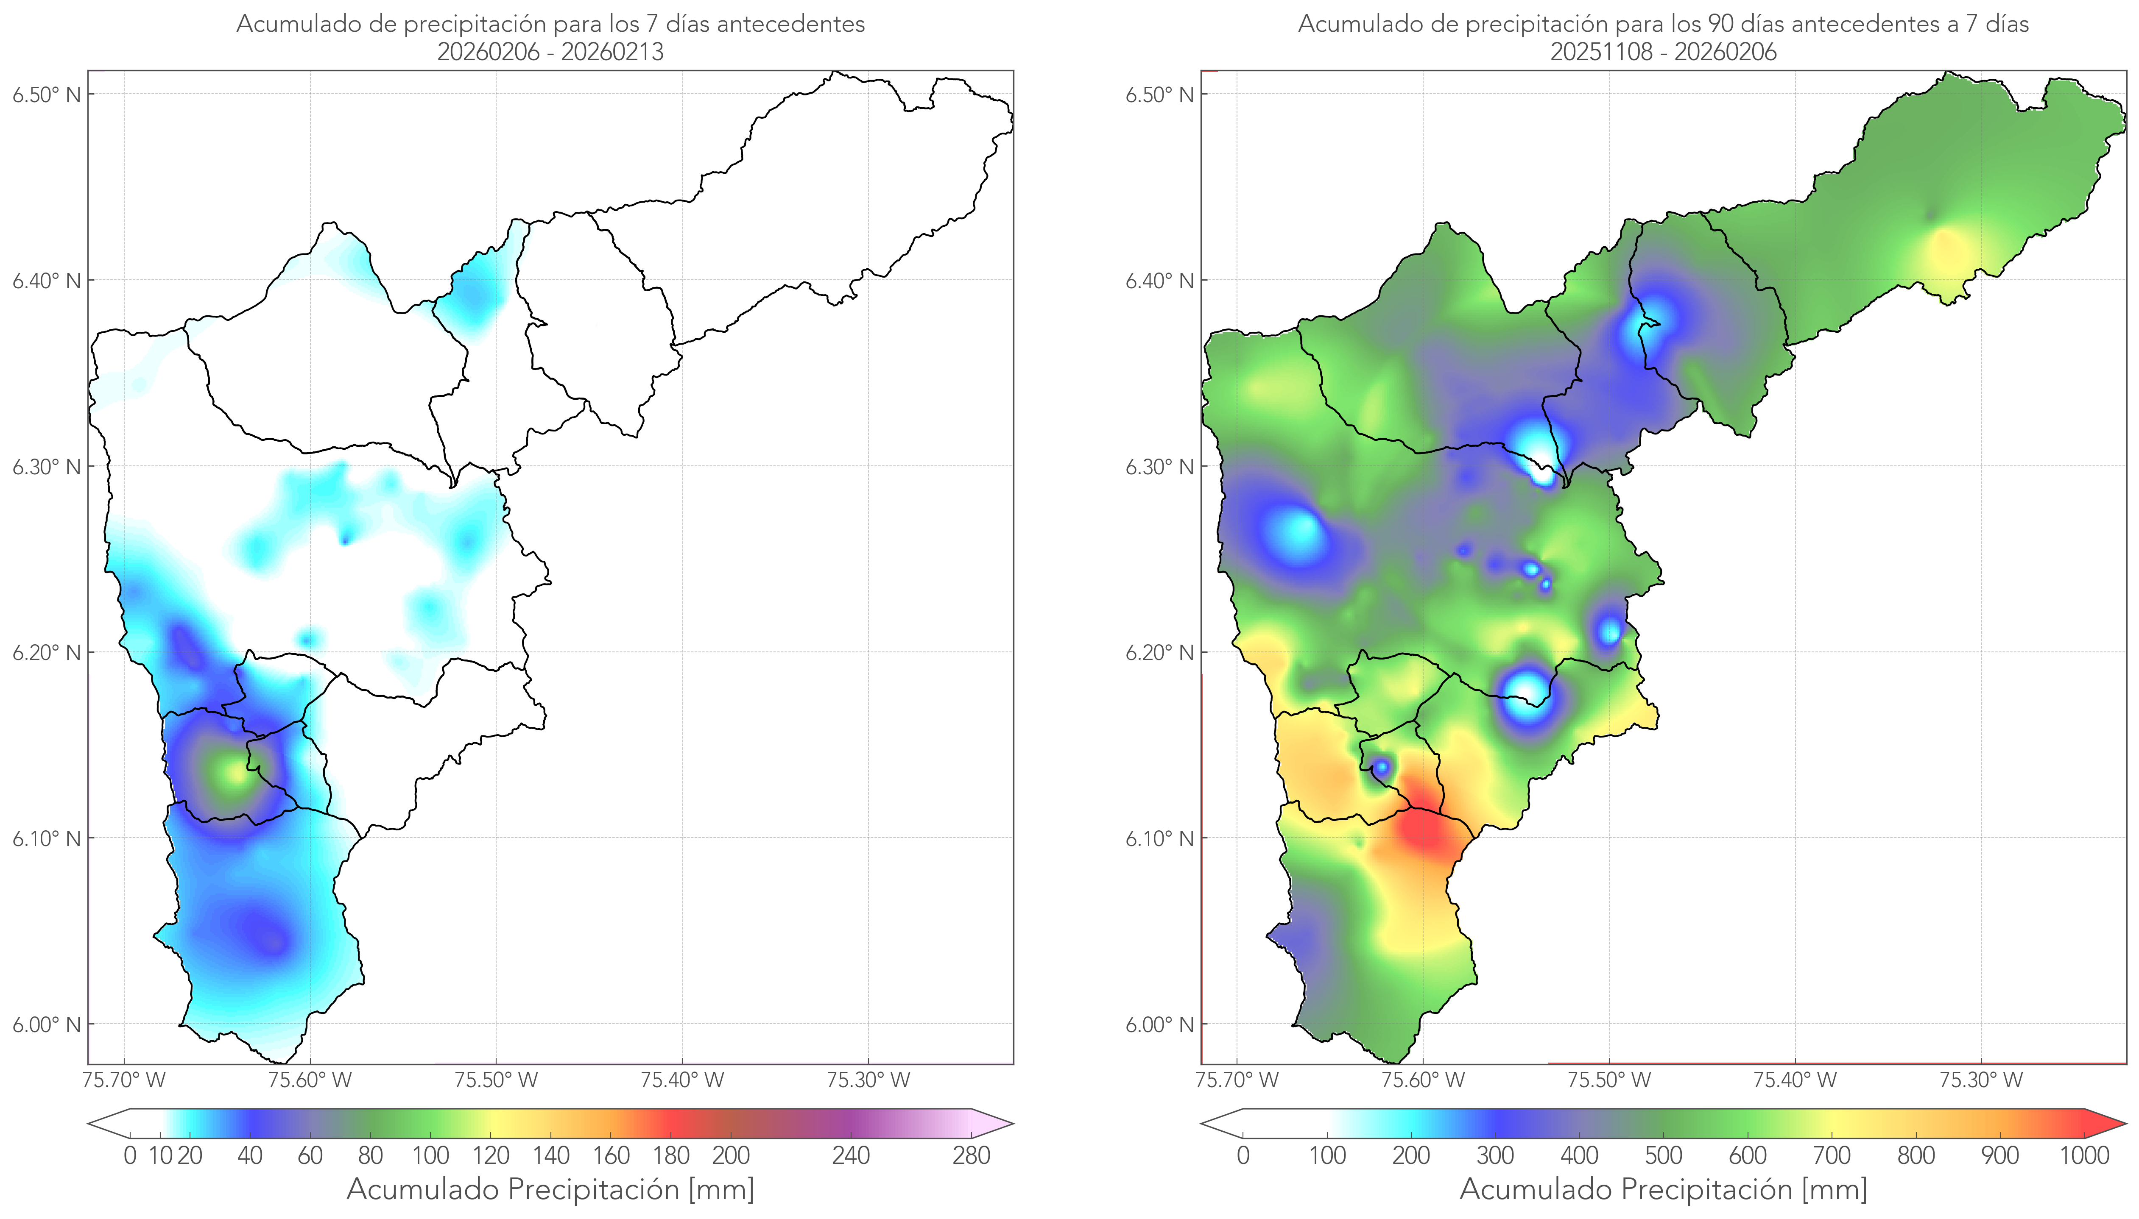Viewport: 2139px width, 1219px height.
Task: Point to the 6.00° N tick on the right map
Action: (1160, 1025)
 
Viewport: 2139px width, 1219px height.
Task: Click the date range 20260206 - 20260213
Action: (550, 52)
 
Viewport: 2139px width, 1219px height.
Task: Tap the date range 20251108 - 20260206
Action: (1663, 52)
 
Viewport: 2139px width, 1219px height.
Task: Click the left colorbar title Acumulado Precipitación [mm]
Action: (550, 1190)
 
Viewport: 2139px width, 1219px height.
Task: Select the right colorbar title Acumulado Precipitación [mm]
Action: (1663, 1190)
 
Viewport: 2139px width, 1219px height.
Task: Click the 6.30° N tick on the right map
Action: (1160, 466)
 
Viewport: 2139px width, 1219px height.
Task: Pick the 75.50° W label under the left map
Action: (496, 1080)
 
